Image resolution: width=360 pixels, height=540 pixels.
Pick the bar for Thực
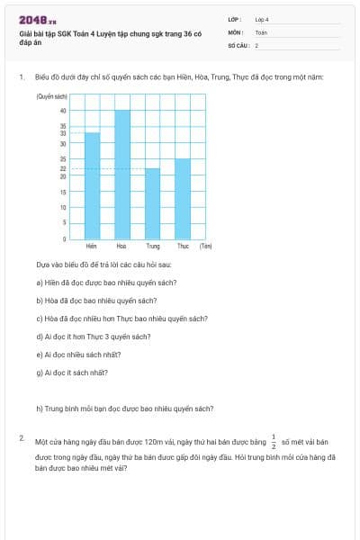click(x=183, y=199)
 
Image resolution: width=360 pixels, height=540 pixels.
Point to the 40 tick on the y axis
click(x=63, y=111)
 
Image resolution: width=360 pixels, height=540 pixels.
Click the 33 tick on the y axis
click(x=63, y=133)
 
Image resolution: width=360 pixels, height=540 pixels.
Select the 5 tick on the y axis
click(x=64, y=223)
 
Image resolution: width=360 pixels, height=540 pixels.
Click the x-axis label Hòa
click(x=121, y=246)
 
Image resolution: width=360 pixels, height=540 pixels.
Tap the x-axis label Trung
click(x=152, y=246)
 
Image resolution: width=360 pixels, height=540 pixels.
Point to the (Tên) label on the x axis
click(x=206, y=246)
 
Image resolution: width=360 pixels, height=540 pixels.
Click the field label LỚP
click(x=235, y=19)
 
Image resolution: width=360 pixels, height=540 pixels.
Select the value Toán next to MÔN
click(x=261, y=31)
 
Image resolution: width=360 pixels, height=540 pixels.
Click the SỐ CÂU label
click(x=238, y=44)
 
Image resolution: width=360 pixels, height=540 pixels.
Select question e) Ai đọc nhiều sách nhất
click(x=78, y=354)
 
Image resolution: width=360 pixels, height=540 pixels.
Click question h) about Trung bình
click(x=124, y=408)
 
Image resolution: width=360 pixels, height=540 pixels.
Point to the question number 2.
click(x=22, y=437)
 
